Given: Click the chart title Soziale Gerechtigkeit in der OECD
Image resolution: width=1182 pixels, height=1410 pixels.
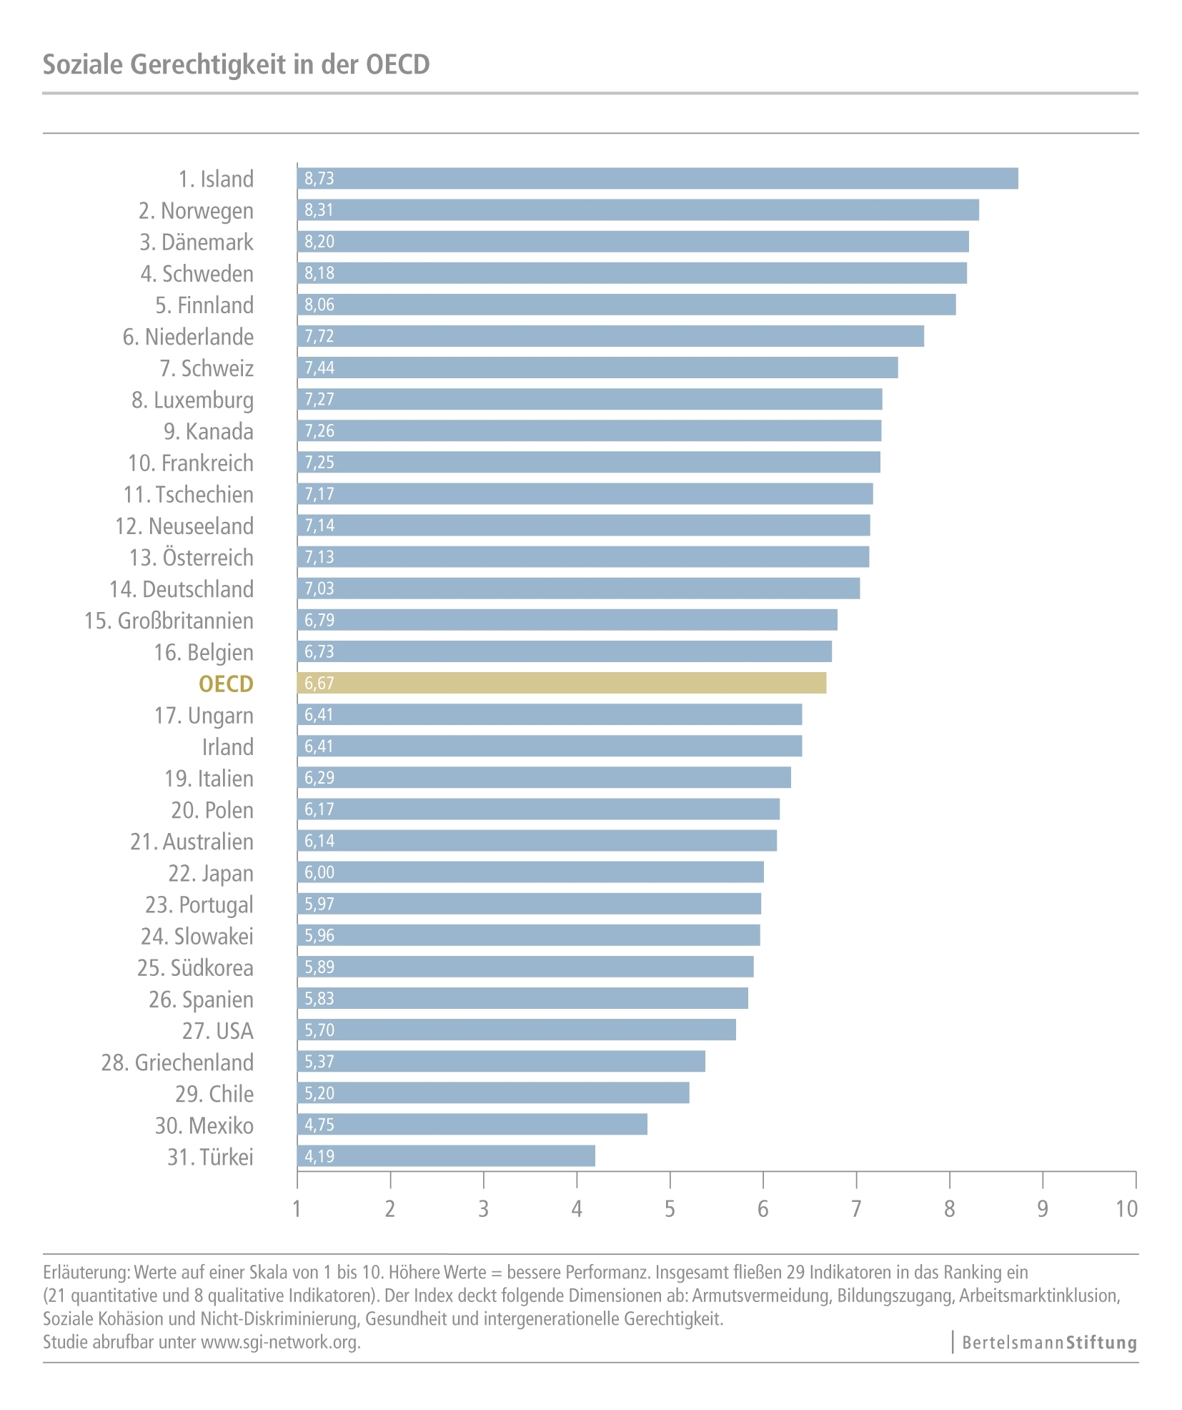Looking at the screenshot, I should point(236,64).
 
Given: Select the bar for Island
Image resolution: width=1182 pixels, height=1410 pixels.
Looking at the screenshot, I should point(657,179).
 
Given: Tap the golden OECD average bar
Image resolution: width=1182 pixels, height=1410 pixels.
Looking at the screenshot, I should point(561,683).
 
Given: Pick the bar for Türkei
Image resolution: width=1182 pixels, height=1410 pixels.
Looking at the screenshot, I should point(445,1156).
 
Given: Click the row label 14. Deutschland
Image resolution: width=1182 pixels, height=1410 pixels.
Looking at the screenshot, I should point(182,589).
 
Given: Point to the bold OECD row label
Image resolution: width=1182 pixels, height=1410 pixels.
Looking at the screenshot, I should point(226,684).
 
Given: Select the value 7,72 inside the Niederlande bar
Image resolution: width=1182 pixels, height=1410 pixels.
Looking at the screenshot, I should point(319,336).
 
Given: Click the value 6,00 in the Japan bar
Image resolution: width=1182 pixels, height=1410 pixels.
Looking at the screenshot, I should point(319,872).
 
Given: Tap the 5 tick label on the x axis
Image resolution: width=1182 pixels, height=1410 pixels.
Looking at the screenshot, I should point(670,1209).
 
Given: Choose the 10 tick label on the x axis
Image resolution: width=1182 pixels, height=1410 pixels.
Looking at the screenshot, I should point(1126,1209).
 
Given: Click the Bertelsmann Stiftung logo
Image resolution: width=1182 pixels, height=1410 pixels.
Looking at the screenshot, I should point(1048,1343).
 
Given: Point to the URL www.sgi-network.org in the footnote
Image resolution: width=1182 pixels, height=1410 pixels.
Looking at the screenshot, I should point(279,1342).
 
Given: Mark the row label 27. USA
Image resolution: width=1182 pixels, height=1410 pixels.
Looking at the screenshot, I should point(217,1031).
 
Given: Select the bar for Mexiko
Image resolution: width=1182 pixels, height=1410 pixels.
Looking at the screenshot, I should point(472,1125).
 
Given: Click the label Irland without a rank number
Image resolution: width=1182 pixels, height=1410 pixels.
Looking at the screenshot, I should point(227,747).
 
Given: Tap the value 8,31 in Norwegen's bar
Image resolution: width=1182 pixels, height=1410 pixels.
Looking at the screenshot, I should point(319,210).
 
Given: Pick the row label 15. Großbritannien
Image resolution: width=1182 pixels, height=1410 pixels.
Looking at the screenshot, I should point(169,621).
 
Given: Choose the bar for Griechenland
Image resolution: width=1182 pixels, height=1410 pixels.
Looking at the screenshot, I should point(500,1062).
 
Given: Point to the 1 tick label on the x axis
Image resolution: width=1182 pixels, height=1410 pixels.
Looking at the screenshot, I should point(297,1209).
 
